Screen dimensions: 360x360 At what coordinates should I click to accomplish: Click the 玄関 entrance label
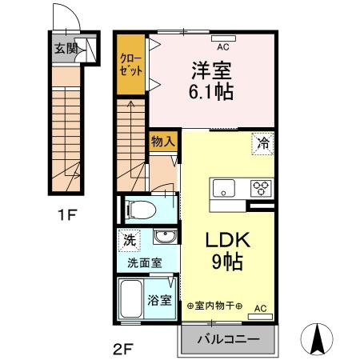click(x=65, y=49)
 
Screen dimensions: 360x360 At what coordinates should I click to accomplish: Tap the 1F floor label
click(x=64, y=215)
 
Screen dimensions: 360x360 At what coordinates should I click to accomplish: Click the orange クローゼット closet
click(x=130, y=65)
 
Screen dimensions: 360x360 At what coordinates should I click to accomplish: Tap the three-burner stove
click(x=262, y=190)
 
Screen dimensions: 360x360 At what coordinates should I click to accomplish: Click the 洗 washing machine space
click(x=128, y=238)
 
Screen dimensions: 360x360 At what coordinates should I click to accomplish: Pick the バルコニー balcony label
click(x=228, y=339)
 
